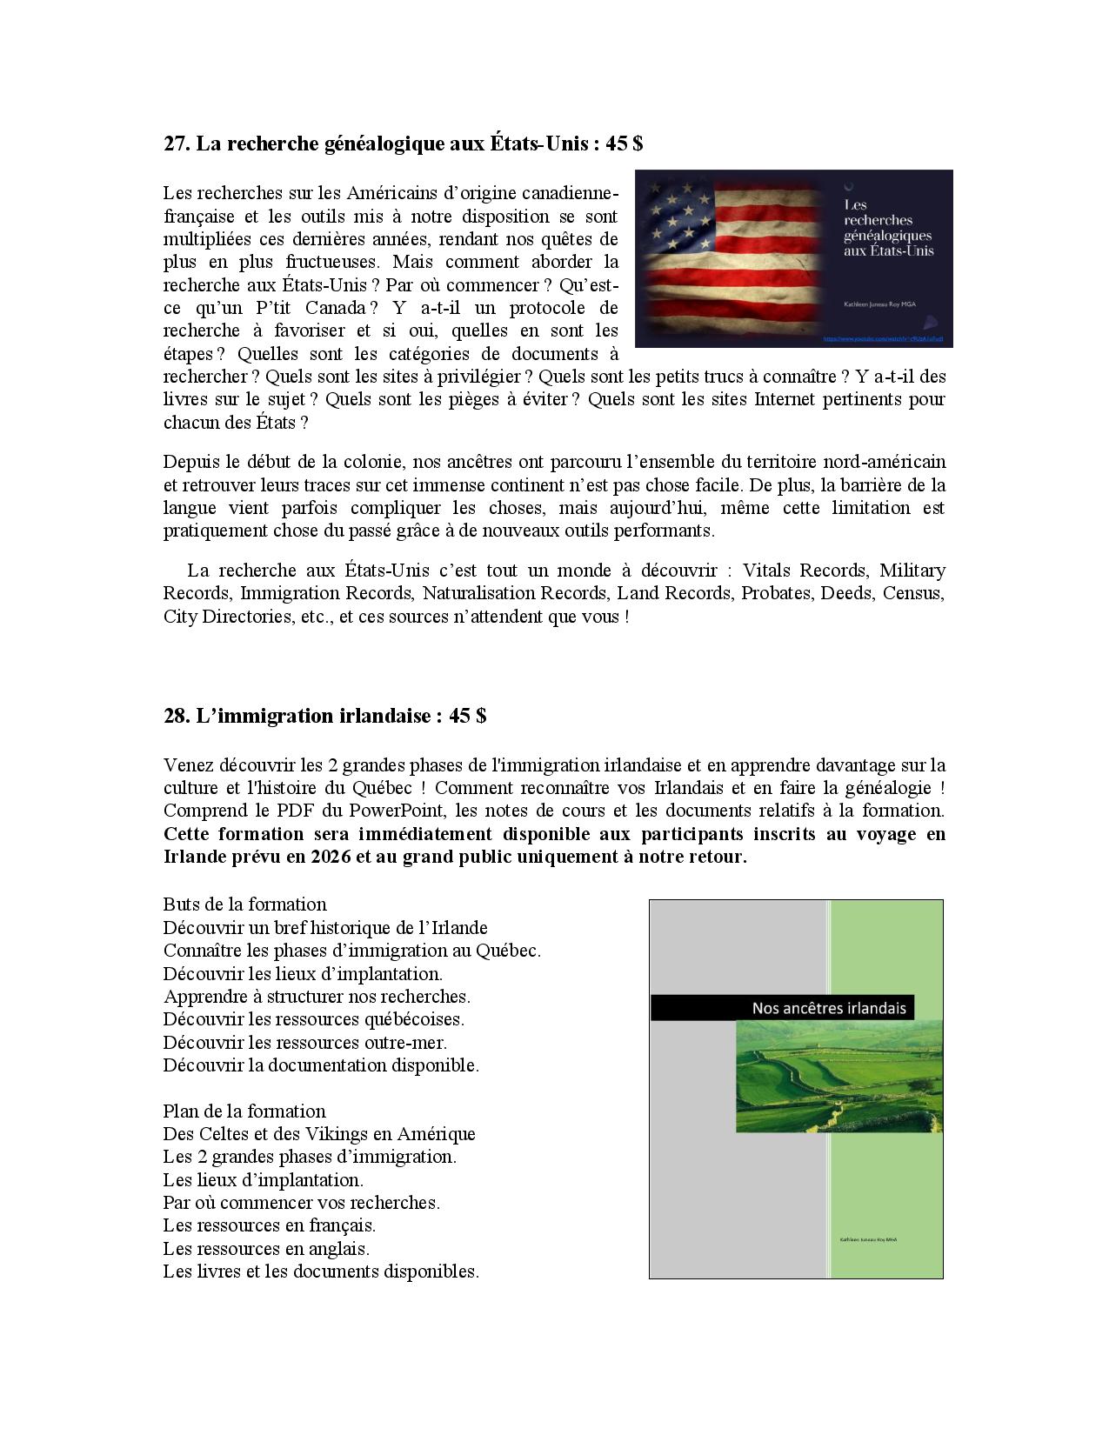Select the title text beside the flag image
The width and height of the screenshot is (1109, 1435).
click(x=887, y=228)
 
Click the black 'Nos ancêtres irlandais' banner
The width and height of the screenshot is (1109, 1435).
click(x=796, y=1008)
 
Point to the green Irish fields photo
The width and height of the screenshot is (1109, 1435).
click(x=838, y=1077)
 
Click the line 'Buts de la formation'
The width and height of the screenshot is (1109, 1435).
click(x=244, y=904)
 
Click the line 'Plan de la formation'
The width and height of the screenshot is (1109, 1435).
click(x=244, y=1111)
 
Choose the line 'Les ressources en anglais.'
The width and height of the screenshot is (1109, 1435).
click(x=266, y=1249)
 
